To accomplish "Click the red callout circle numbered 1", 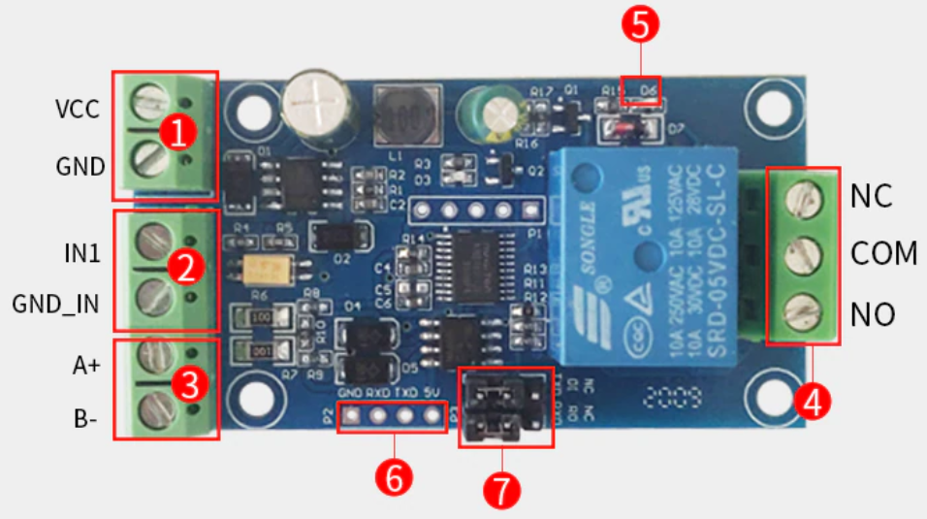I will (x=178, y=132).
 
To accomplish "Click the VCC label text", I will (x=77, y=109).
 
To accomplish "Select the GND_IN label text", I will (x=55, y=304).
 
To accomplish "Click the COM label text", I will (x=883, y=254).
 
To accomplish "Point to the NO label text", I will (x=873, y=314).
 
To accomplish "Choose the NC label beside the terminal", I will (x=872, y=196).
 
